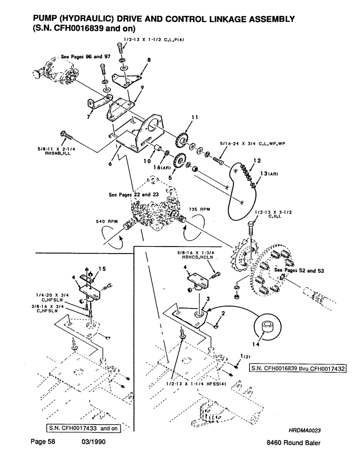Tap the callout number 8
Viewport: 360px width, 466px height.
click(x=149, y=60)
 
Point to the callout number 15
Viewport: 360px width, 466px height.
click(x=103, y=268)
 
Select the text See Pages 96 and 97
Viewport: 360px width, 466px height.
click(x=82, y=56)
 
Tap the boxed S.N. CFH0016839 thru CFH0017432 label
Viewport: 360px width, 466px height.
click(x=298, y=369)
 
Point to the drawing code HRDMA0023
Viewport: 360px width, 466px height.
click(x=306, y=431)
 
